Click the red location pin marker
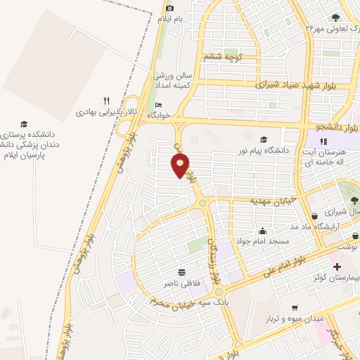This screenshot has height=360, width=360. [x=180, y=166]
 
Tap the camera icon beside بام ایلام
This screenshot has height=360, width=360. [x=169, y=8]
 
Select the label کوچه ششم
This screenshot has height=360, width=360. [x=222, y=56]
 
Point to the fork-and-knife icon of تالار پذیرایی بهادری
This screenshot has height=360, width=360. [x=106, y=101]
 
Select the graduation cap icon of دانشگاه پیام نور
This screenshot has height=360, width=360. [x=264, y=139]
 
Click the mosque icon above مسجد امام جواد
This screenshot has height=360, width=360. [x=263, y=231]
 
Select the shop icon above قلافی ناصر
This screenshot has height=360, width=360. [x=182, y=272]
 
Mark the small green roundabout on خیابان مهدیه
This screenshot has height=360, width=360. [x=202, y=203]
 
